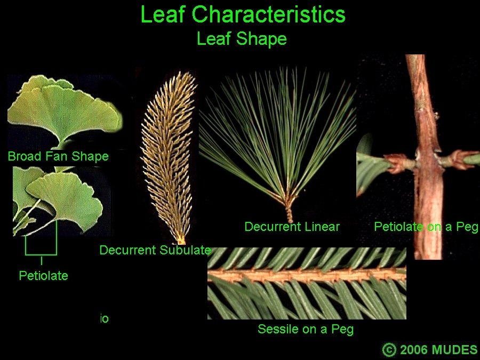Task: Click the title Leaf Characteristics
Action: (x=243, y=14)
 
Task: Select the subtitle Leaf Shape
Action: (x=242, y=39)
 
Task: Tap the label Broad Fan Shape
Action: (x=58, y=156)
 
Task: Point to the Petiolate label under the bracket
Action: (x=44, y=276)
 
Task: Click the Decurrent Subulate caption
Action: (x=155, y=250)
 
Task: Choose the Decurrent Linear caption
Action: (x=292, y=227)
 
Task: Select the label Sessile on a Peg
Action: (x=306, y=329)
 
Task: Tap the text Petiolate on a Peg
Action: (x=426, y=227)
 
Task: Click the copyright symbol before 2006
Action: (x=389, y=349)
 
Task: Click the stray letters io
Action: (x=105, y=319)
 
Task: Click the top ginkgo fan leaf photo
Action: (x=65, y=112)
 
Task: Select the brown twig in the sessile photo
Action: (x=307, y=275)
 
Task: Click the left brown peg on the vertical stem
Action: (x=398, y=163)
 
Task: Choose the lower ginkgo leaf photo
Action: (x=61, y=201)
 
